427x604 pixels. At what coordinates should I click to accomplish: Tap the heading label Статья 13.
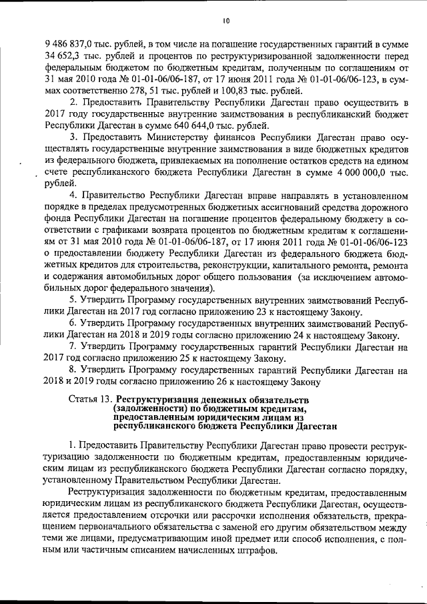90,400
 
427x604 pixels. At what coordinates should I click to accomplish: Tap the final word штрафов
262,551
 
